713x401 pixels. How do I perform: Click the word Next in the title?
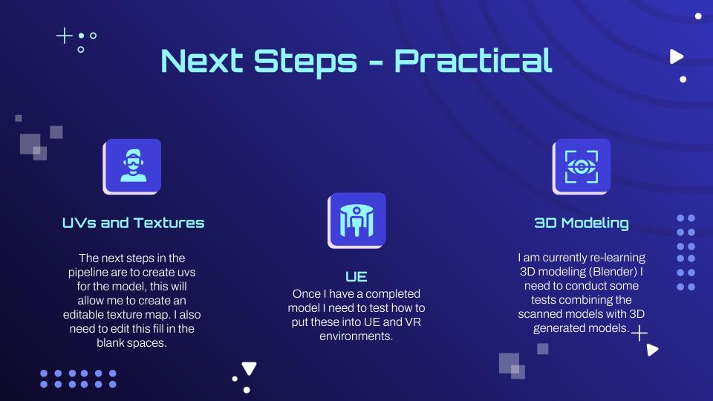point(202,60)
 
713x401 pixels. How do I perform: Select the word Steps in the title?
point(305,62)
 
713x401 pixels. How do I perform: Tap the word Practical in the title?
point(473,61)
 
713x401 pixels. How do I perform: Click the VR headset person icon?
point(132,166)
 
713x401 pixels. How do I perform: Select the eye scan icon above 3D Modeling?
point(582,166)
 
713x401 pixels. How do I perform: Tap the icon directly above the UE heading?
point(357,221)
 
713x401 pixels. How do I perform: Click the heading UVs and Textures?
point(133,223)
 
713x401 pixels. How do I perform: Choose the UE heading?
point(356,276)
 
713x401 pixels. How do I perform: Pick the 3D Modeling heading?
point(582,223)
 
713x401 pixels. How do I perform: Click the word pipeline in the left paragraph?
point(88,273)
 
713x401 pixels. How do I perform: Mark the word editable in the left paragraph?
point(84,315)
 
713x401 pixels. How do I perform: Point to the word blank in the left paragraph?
point(111,343)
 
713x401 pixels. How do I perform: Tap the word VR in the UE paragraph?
point(413,322)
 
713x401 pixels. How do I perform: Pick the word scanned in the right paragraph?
point(540,314)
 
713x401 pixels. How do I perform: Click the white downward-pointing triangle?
point(250,368)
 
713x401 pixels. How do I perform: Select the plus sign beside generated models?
point(639,333)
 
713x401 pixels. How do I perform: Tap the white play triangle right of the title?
point(676,56)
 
